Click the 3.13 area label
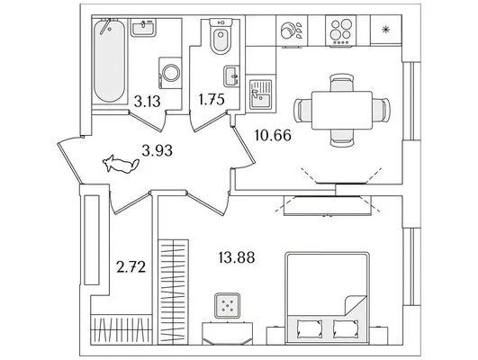[147, 102]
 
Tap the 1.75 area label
[212, 99]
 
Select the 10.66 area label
[273, 135]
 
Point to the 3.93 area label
[157, 150]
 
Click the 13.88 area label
[237, 257]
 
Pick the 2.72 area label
[131, 267]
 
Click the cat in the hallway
[121, 164]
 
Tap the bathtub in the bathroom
[109, 61]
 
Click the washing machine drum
[171, 73]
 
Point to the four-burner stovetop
[341, 31]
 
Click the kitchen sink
[261, 94]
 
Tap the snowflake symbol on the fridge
[386, 30]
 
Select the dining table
[342, 111]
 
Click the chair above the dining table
[342, 82]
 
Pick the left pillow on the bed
[309, 328]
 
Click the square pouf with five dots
[227, 306]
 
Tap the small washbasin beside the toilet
[230, 76]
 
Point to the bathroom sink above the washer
[144, 27]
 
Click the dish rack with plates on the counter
[292, 31]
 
